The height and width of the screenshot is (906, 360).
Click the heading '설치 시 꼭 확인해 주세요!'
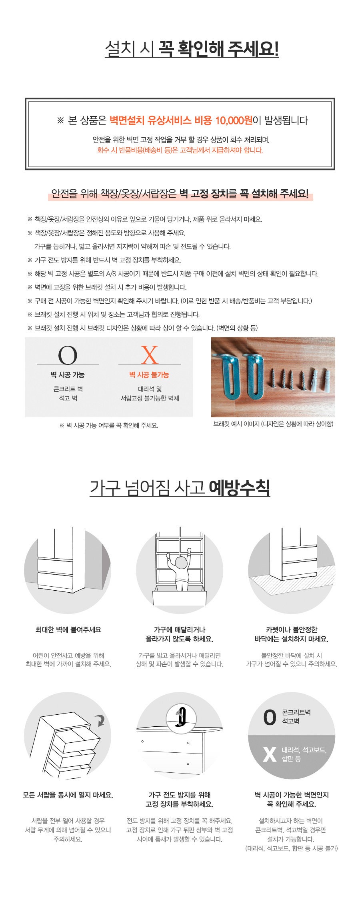[191, 49]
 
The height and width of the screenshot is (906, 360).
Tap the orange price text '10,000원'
[234, 120]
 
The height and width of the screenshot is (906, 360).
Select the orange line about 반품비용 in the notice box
[180, 150]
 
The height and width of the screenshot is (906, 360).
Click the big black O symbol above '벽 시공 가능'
[68, 355]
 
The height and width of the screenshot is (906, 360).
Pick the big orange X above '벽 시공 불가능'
[150, 355]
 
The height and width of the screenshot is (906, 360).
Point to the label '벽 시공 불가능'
[149, 375]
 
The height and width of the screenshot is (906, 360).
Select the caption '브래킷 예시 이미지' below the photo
[273, 424]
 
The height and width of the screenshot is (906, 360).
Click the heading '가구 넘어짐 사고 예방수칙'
[180, 488]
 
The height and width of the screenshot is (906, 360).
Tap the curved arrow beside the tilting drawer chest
[100, 721]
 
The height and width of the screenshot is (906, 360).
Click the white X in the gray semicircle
[270, 755]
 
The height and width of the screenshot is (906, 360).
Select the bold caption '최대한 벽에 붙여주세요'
[68, 630]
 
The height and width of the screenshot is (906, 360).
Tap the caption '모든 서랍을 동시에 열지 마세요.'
[68, 795]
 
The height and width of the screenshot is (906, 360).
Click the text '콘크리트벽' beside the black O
[296, 712]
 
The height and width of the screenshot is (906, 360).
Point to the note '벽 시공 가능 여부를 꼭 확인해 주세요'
[109, 425]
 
